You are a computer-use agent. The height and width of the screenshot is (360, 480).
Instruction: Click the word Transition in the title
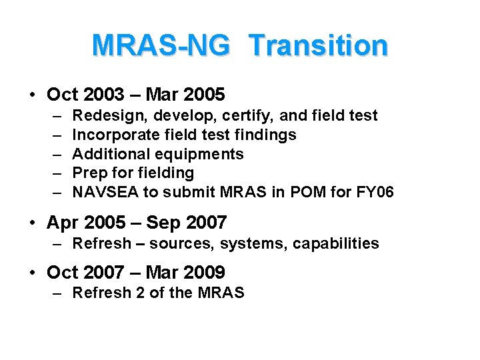(318, 45)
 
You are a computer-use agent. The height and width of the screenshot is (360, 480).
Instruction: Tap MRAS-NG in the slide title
(161, 45)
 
